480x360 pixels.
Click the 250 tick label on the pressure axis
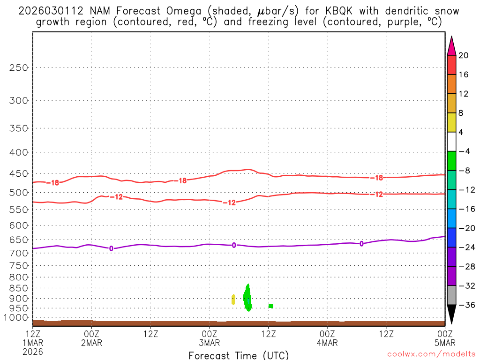pos(19,67)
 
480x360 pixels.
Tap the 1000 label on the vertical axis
pos(17,317)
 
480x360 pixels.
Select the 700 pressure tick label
pos(19,253)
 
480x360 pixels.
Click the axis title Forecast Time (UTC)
pos(239,355)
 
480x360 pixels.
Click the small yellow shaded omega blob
pos(233,300)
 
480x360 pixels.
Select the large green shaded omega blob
pos(247,299)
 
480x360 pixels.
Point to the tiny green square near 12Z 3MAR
pos(271,306)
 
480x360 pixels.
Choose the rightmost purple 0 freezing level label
pos(361,244)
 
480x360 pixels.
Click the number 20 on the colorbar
pos(463,55)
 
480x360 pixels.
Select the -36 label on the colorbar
pos(465,305)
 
